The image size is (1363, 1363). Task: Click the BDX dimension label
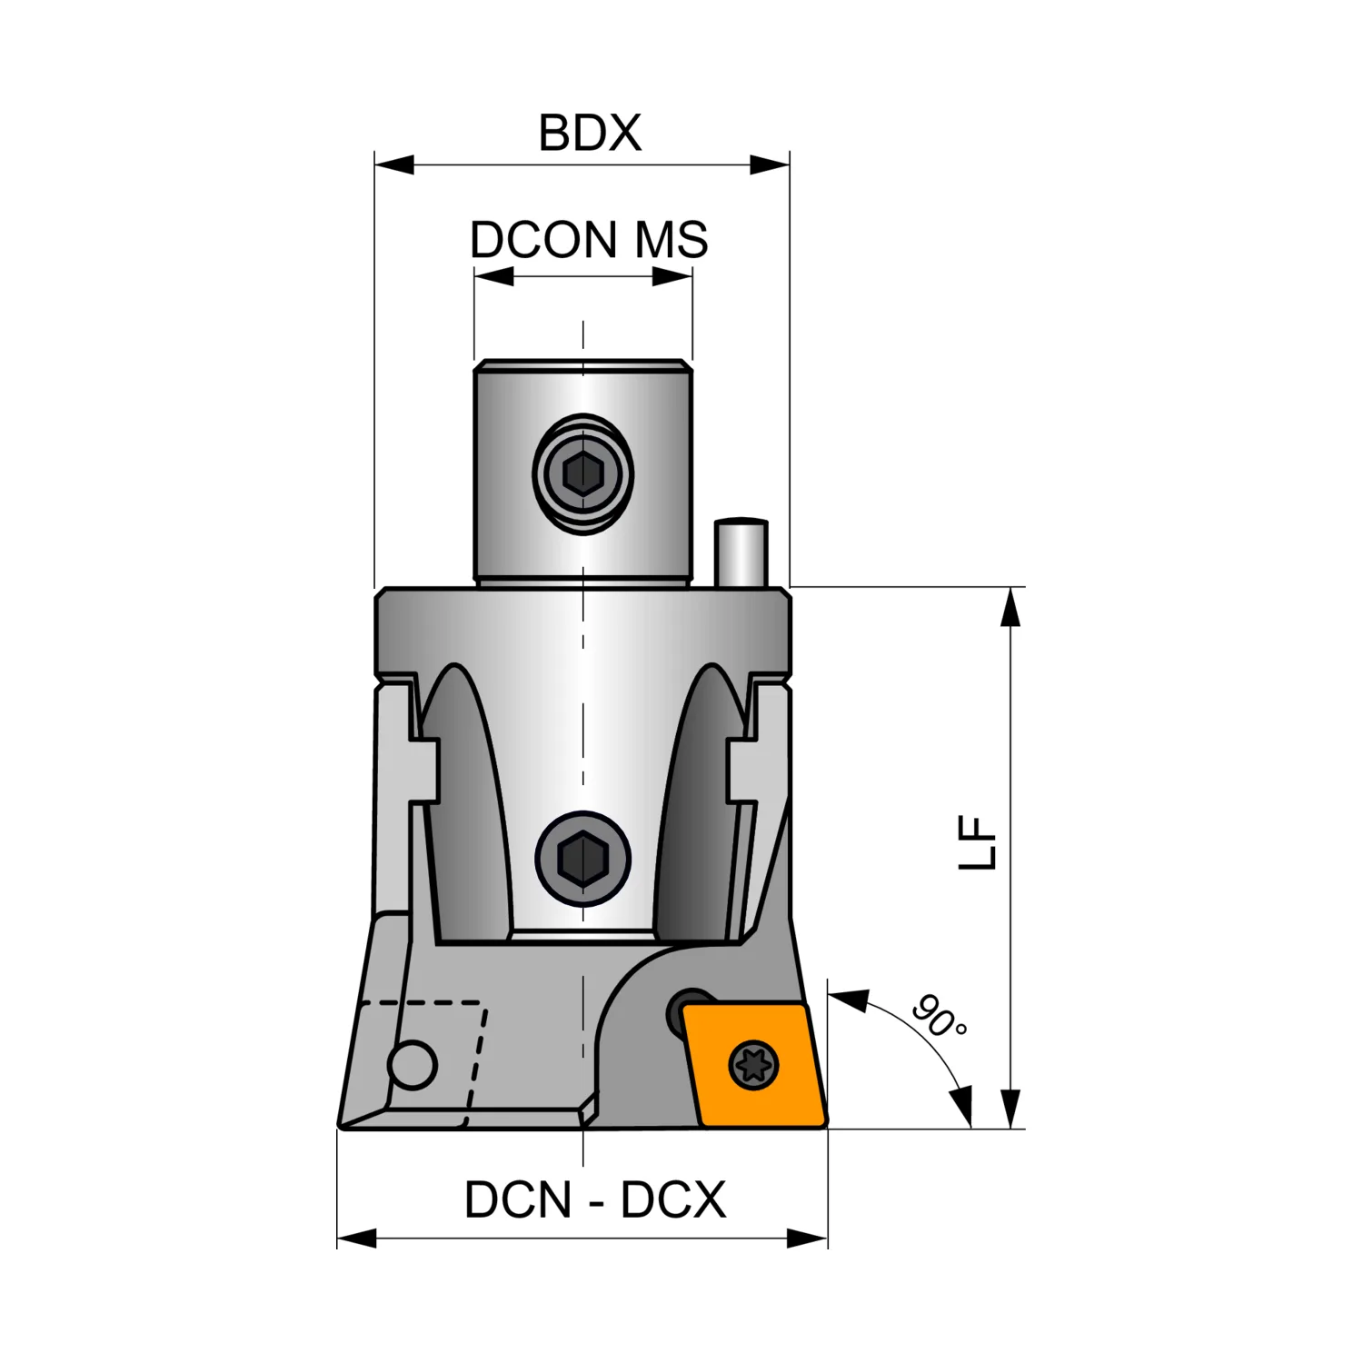pos(590,133)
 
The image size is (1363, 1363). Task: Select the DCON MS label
pos(589,240)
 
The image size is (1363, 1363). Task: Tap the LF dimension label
pos(979,844)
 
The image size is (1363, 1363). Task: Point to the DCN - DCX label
pos(595,1200)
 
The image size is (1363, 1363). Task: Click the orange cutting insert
pos(755,1065)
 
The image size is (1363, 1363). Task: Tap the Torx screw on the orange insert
pos(754,1064)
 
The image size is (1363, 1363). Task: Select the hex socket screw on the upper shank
pos(582,473)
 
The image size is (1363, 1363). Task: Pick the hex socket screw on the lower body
pos(582,859)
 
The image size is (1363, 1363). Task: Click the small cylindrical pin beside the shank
pos(741,552)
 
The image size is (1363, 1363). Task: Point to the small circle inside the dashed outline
pos(412,1064)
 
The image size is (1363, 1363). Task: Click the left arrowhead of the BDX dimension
pos(394,164)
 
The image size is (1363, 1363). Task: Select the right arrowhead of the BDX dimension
pos(770,164)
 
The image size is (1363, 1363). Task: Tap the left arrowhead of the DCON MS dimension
pos(494,276)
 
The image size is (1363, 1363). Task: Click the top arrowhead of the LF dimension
pos(1010,607)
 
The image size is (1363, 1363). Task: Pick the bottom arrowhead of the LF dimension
pos(1010,1109)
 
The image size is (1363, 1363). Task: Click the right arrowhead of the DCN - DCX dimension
pos(808,1238)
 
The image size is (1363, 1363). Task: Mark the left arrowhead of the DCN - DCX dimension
pos(357,1238)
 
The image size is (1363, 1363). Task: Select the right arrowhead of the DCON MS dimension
pos(672,276)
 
